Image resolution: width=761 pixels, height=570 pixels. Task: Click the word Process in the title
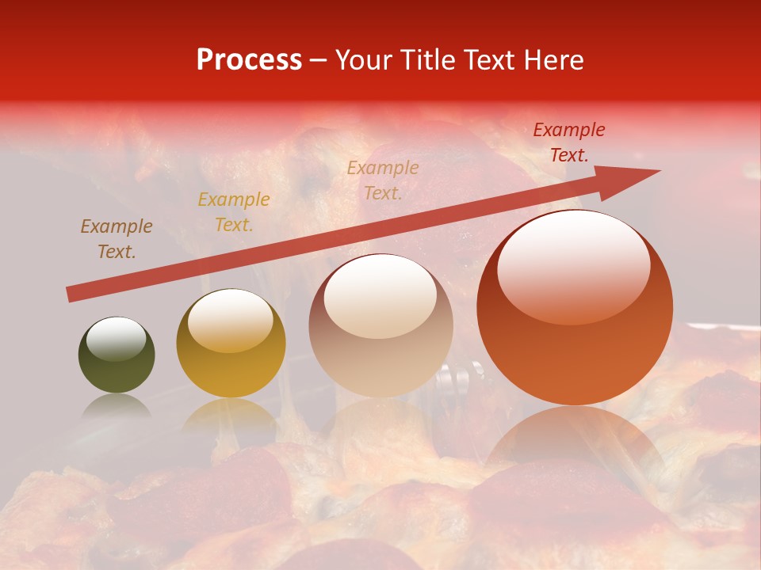pyautogui.click(x=249, y=60)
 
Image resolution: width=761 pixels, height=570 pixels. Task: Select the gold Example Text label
pyautogui.click(x=234, y=212)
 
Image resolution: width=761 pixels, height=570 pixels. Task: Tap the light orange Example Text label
pyautogui.click(x=383, y=180)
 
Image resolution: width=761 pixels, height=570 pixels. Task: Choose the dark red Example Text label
pyautogui.click(x=568, y=142)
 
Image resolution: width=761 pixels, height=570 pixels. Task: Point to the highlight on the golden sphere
pyautogui.click(x=230, y=321)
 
